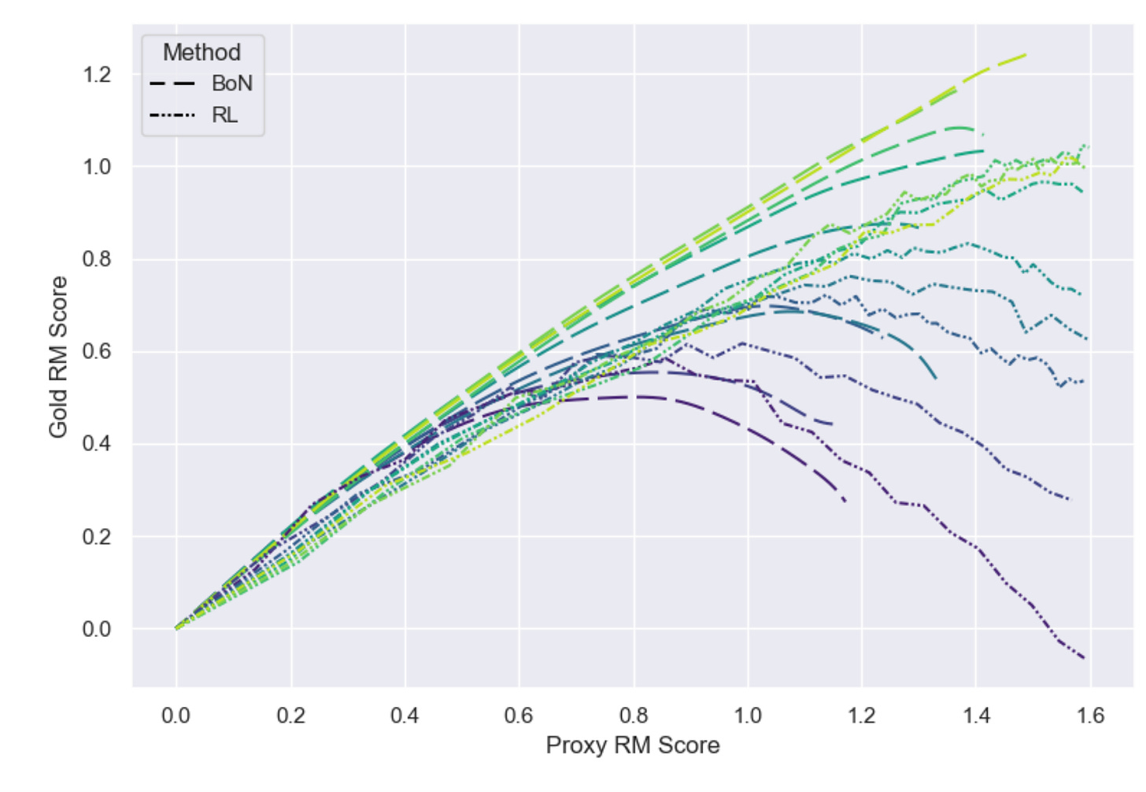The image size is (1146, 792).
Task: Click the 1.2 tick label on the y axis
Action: point(96,75)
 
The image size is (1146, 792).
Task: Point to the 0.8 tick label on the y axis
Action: point(96,259)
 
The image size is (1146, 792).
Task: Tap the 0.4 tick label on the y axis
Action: point(96,444)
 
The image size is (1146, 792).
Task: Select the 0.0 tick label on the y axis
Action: point(96,629)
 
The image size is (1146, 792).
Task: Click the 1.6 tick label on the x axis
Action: point(1090,716)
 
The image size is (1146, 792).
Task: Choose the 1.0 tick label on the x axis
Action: point(747,716)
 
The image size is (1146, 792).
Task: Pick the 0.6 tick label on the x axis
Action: point(519,716)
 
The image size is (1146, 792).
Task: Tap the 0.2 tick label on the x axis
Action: point(290,716)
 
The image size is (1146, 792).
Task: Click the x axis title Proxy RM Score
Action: point(633,746)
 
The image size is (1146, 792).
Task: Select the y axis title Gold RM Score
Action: point(58,357)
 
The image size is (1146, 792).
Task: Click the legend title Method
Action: point(201,53)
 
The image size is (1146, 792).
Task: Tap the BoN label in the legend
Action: point(231,83)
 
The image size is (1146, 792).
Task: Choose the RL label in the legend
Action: point(224,115)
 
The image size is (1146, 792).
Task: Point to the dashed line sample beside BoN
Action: point(172,83)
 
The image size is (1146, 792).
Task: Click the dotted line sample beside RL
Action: point(172,116)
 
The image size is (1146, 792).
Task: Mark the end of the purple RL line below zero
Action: point(1085,657)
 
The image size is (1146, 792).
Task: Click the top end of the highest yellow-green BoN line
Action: point(1026,54)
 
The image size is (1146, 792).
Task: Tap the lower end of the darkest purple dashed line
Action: point(845,501)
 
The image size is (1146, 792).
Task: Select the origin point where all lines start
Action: point(176,629)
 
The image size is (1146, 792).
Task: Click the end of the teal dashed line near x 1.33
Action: point(936,379)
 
